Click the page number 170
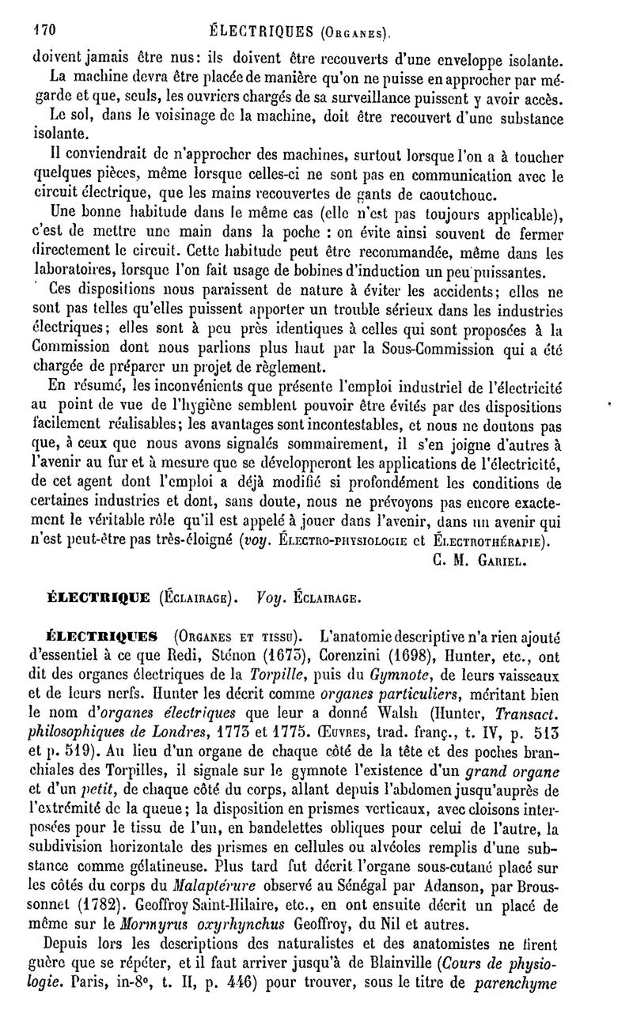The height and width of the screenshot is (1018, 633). point(42,32)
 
